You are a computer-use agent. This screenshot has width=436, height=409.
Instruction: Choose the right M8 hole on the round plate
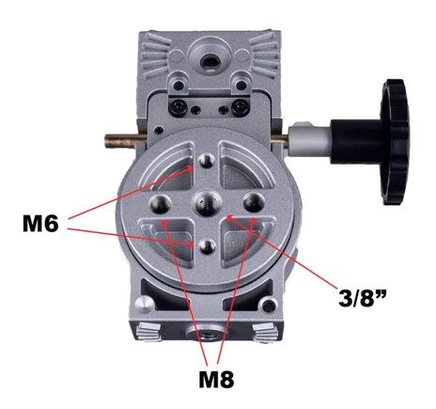(x=250, y=201)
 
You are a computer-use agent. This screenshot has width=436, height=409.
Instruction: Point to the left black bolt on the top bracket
(x=176, y=109)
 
